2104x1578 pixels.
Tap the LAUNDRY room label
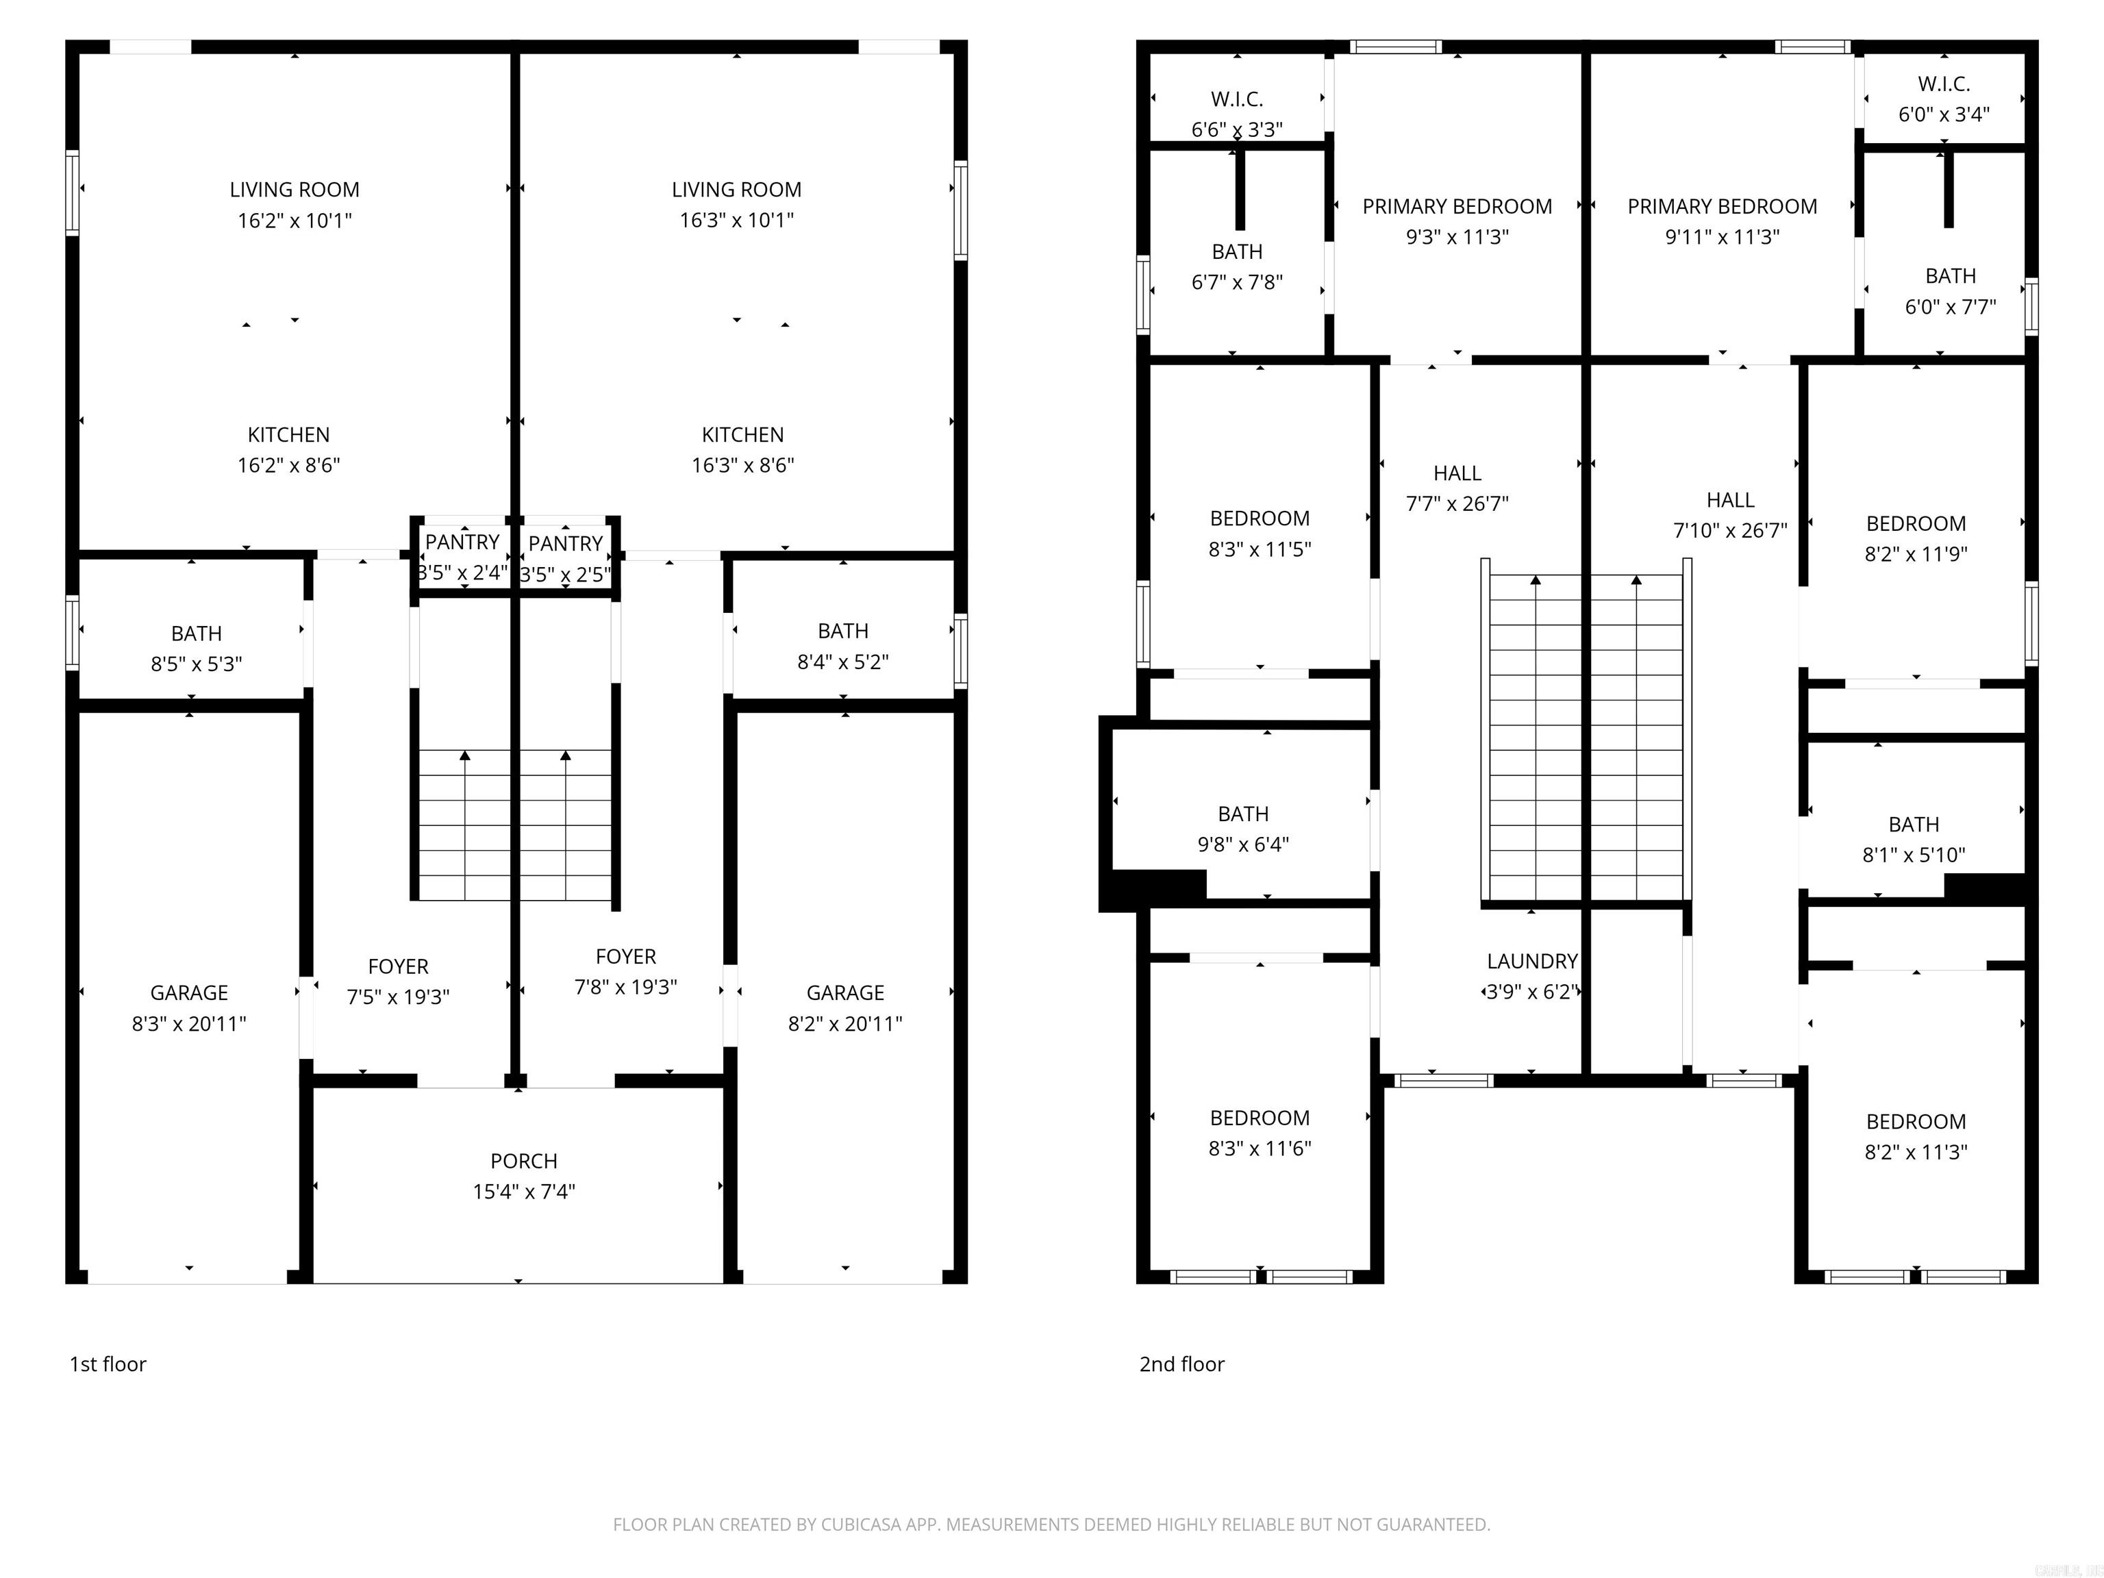pyautogui.click(x=1531, y=961)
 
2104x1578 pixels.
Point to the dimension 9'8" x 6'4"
pyautogui.click(x=1242, y=844)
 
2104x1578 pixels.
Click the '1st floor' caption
pyautogui.click(x=108, y=1364)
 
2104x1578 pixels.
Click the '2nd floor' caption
pyautogui.click(x=1181, y=1364)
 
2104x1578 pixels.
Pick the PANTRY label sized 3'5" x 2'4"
pyautogui.click(x=462, y=542)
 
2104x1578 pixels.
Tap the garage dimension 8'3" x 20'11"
pyautogui.click(x=188, y=1023)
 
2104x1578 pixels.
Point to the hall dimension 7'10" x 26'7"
pyautogui.click(x=1729, y=531)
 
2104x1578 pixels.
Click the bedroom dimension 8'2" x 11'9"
pyautogui.click(x=1915, y=553)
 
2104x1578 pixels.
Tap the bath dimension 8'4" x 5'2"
pyautogui.click(x=842, y=662)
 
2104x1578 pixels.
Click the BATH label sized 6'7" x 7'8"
pyautogui.click(x=1236, y=252)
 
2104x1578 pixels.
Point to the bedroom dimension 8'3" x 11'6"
pyautogui.click(x=1260, y=1148)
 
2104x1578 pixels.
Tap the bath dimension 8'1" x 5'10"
pyautogui.click(x=1913, y=855)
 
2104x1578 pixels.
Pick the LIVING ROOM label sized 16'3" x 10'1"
pyautogui.click(x=736, y=189)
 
